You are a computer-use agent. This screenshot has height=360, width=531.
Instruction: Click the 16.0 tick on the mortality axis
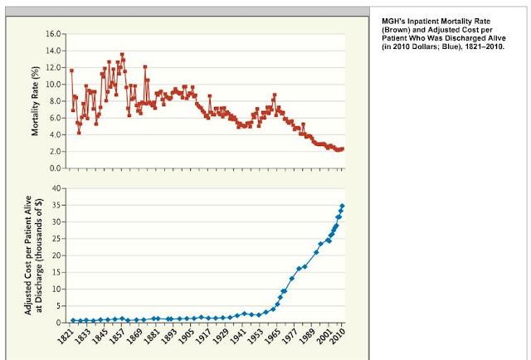click(54, 34)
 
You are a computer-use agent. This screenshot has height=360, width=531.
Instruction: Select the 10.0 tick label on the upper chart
click(54, 85)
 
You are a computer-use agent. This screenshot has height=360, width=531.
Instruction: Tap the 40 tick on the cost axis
click(56, 188)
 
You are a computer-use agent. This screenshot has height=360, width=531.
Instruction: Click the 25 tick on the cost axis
click(56, 239)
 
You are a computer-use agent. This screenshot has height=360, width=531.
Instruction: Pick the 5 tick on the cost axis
click(58, 305)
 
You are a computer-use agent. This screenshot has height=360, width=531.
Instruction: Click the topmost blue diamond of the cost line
click(342, 206)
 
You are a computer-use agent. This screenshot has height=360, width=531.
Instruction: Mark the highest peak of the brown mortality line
click(122, 56)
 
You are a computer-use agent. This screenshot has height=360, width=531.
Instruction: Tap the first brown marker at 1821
click(72, 71)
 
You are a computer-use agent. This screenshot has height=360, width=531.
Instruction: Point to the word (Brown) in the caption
click(395, 29)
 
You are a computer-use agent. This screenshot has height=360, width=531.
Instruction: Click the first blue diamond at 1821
click(73, 320)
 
